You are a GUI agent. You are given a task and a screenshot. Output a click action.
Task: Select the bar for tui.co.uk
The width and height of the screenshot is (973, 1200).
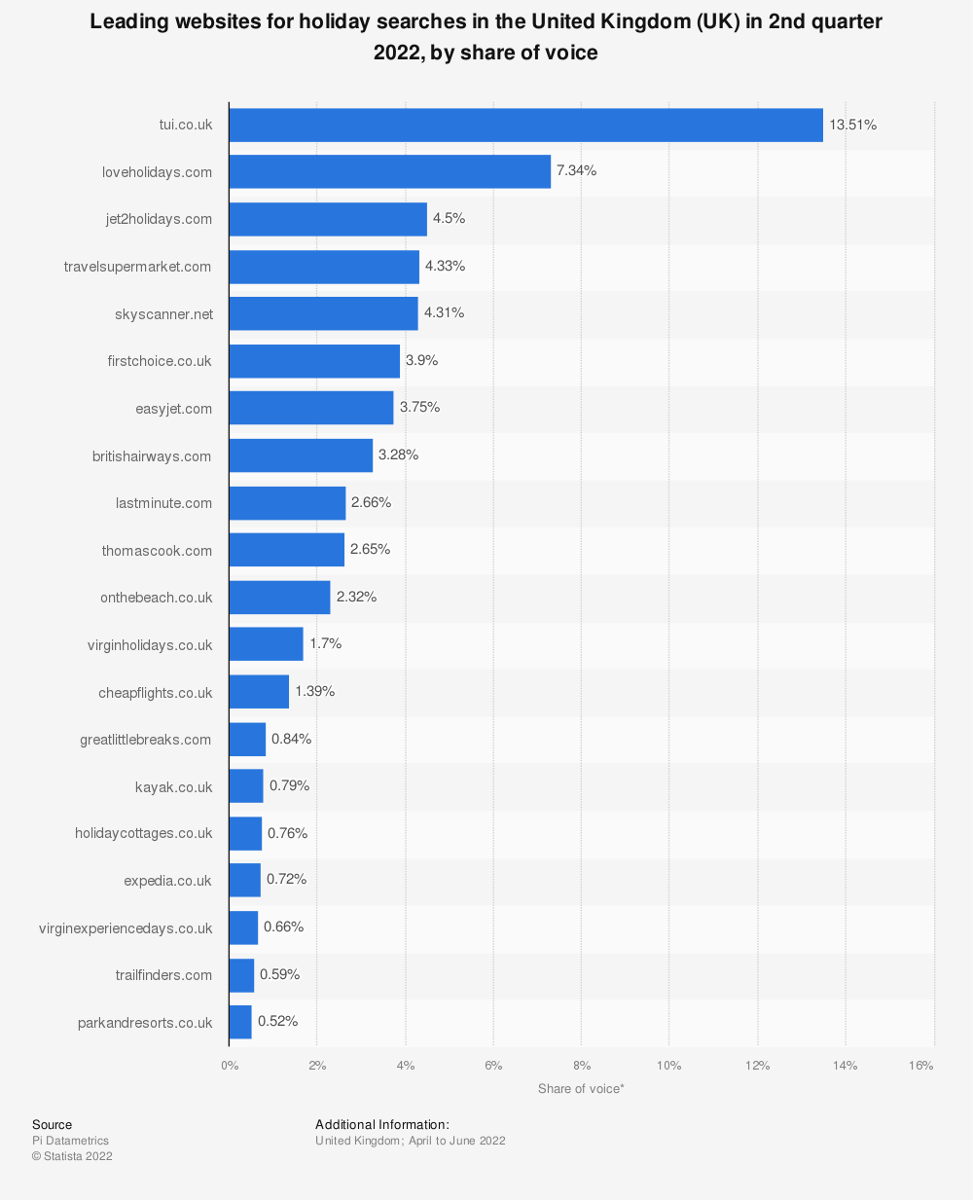(525, 125)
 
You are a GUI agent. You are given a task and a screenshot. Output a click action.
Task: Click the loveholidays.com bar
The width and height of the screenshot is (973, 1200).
(389, 171)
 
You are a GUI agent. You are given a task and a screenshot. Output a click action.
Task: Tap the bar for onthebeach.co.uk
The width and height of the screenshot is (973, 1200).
(279, 597)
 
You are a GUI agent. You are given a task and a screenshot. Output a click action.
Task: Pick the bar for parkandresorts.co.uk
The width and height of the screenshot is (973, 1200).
(240, 1022)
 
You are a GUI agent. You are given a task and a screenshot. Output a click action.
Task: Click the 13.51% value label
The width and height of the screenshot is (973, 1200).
(853, 125)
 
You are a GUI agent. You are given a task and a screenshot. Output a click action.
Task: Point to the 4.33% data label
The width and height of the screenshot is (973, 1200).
(446, 266)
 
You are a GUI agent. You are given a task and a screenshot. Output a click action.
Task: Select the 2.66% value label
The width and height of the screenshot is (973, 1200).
(371, 502)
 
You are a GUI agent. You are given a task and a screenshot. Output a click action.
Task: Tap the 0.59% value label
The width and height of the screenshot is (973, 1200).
(279, 974)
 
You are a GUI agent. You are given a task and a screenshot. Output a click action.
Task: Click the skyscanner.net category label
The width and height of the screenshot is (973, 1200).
(163, 313)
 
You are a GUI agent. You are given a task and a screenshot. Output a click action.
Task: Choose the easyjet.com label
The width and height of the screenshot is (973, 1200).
(173, 409)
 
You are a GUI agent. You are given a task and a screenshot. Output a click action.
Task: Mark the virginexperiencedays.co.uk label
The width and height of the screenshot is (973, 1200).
(126, 928)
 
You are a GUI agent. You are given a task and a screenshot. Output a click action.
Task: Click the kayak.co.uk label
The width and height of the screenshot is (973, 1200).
(173, 786)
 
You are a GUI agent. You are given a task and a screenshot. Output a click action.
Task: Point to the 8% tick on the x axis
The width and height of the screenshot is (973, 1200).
(581, 1066)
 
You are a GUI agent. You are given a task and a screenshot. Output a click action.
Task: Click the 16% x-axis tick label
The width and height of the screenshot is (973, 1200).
(920, 1066)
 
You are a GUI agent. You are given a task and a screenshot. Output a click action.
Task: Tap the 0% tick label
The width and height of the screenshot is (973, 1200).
(230, 1066)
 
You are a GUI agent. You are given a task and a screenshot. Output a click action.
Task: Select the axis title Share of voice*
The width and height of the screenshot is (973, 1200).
(581, 1089)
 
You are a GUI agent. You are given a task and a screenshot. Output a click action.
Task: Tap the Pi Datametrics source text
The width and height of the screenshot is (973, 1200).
(70, 1141)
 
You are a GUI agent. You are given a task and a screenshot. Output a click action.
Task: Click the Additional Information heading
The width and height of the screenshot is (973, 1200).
(382, 1125)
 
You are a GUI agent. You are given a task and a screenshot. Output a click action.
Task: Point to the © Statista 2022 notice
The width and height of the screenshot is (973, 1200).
(72, 1156)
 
